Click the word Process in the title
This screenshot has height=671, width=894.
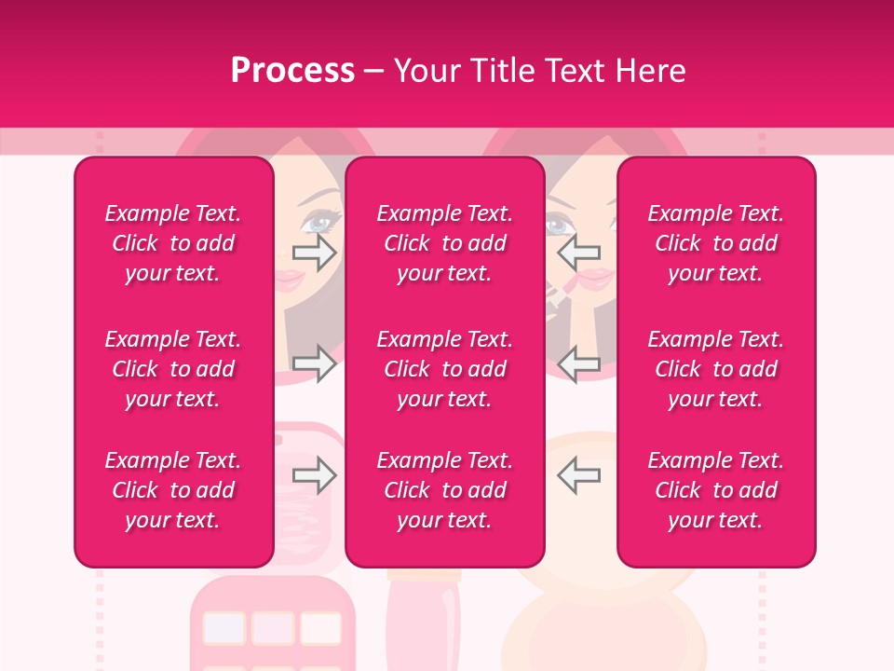(x=292, y=71)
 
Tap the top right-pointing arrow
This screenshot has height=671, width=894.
(x=314, y=252)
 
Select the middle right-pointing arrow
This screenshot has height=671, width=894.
(x=314, y=363)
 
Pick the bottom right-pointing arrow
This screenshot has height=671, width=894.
(x=314, y=475)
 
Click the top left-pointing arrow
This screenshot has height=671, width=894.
(x=579, y=252)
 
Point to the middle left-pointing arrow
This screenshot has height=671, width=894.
(x=579, y=363)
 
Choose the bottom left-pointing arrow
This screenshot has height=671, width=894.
(x=579, y=475)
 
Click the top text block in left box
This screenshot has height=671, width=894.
(x=173, y=243)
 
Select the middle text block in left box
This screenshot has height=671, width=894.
(x=173, y=369)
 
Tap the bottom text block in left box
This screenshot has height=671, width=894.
(x=173, y=490)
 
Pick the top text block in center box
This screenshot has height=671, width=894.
(x=444, y=243)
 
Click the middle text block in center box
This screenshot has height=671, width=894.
(x=444, y=369)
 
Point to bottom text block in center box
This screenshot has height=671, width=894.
(x=444, y=490)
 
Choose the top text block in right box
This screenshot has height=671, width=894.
(x=716, y=243)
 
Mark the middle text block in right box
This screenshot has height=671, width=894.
(x=716, y=369)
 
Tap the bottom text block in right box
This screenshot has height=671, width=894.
(x=716, y=490)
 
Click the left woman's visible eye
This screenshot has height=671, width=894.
(x=318, y=224)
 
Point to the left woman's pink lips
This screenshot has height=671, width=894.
(x=291, y=278)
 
